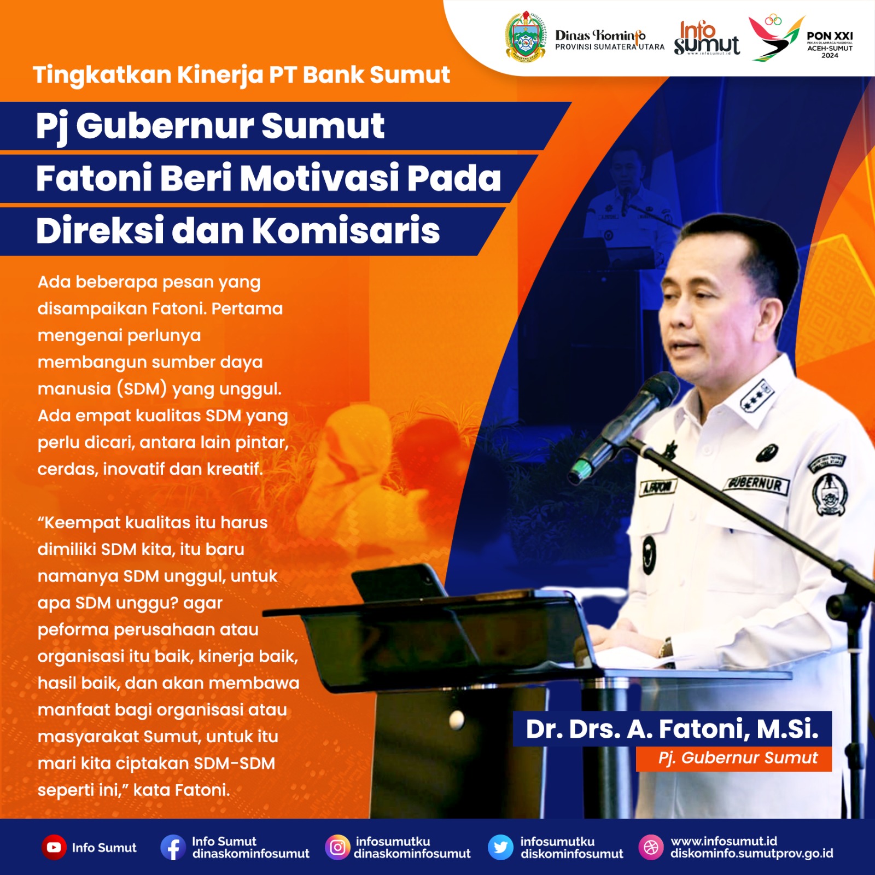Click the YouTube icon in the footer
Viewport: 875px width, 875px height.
click(x=54, y=848)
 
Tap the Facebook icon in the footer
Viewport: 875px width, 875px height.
click(x=173, y=848)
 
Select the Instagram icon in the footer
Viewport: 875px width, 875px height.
click(x=337, y=848)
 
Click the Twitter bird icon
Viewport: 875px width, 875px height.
click(x=500, y=848)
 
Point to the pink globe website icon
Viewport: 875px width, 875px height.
click(x=651, y=848)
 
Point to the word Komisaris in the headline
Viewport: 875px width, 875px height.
click(x=346, y=230)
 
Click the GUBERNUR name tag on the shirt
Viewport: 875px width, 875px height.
click(x=756, y=483)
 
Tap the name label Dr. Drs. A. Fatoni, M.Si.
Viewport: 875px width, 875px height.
click(x=672, y=728)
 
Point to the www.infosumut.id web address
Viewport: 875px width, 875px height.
click(x=724, y=841)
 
